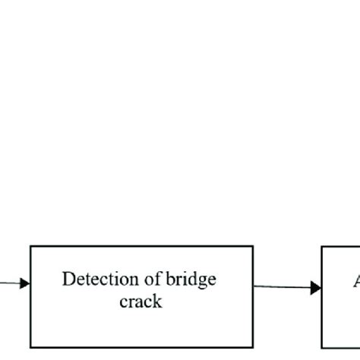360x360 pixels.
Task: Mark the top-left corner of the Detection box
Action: (x=30, y=246)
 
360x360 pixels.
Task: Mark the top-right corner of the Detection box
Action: (x=253, y=246)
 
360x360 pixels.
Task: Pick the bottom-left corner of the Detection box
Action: (x=30, y=347)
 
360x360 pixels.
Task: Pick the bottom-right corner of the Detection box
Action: (x=253, y=347)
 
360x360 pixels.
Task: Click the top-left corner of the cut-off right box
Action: (x=322, y=246)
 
